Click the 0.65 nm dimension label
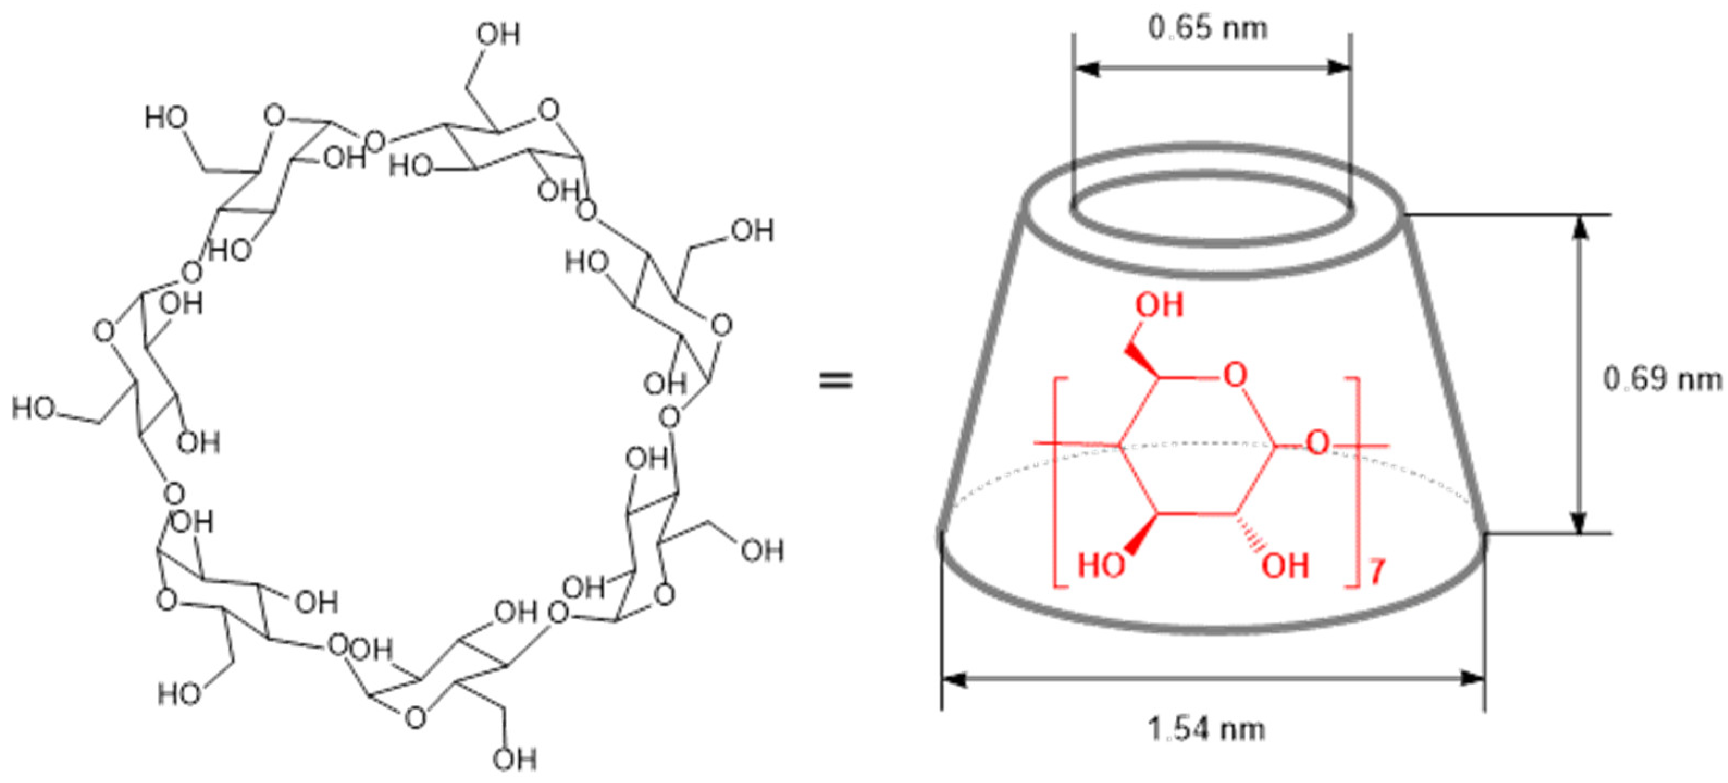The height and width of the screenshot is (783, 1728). [1208, 29]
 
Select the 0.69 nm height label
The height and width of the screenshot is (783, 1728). [1661, 380]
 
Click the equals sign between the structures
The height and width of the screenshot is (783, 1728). [836, 381]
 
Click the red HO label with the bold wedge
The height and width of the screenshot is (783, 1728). [1101, 565]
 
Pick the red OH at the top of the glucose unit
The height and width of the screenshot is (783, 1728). [1159, 305]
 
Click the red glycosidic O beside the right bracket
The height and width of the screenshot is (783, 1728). [1317, 443]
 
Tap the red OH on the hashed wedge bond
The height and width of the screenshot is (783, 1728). [1285, 565]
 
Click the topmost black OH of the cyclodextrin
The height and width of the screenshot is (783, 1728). [498, 34]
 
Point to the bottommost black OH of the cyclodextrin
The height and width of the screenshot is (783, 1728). [515, 760]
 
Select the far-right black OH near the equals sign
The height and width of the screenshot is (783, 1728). [763, 551]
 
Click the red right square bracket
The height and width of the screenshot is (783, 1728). [1357, 483]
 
